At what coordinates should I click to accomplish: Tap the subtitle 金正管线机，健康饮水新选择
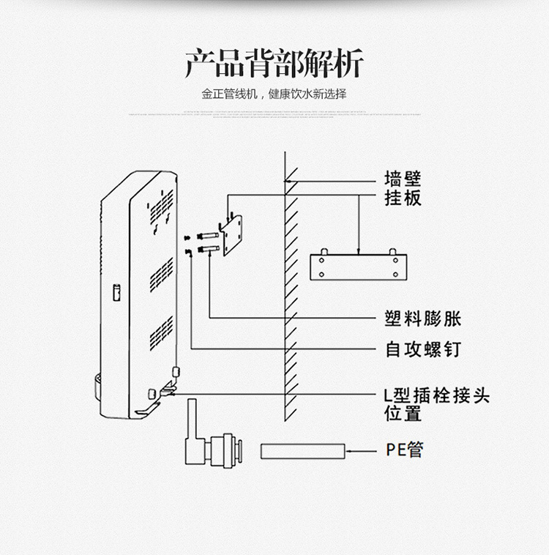pos(274,94)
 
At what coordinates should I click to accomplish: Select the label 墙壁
pos(403,179)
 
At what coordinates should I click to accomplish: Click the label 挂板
pos(403,198)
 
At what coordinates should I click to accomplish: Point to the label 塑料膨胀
pos(423,319)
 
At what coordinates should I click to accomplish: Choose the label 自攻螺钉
pos(423,349)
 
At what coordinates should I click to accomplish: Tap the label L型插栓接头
pos(436,396)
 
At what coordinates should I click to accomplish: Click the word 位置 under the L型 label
pos(403,414)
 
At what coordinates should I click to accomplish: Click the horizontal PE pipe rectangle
pos(302,451)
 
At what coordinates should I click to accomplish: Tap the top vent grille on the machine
pos(162,207)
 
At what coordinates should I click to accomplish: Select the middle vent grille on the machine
pos(161,274)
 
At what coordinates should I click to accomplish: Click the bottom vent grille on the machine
pos(161,333)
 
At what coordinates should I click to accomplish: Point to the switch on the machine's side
pos(115,292)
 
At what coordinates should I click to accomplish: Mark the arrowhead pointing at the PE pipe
pos(348,451)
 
